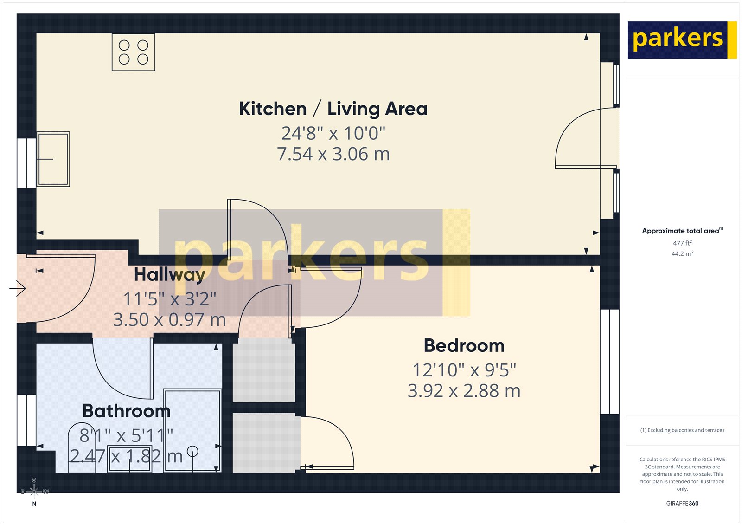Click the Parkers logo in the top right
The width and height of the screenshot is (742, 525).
[681, 40]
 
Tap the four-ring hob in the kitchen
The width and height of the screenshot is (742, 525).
[133, 52]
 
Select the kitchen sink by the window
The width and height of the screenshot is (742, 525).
[53, 159]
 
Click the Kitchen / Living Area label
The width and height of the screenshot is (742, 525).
[333, 109]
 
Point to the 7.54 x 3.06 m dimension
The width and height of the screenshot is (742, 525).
[333, 154]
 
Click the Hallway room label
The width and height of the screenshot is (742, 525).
[169, 274]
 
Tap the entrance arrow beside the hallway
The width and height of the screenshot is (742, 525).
[18, 288]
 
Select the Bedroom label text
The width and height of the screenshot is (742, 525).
[464, 346]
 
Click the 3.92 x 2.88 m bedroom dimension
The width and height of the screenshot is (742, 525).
[464, 391]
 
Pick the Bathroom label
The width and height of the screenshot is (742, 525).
[126, 411]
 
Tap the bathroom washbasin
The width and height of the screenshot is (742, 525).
[129, 459]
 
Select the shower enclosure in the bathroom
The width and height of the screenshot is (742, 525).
[192, 429]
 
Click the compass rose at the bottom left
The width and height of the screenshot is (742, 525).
[34, 492]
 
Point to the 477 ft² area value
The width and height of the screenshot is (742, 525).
[682, 243]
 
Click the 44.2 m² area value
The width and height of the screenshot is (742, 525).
[682, 253]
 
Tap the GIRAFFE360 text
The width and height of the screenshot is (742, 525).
[682, 503]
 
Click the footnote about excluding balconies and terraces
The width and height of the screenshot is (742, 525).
[682, 430]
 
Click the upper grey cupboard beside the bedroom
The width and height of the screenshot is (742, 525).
[263, 370]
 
